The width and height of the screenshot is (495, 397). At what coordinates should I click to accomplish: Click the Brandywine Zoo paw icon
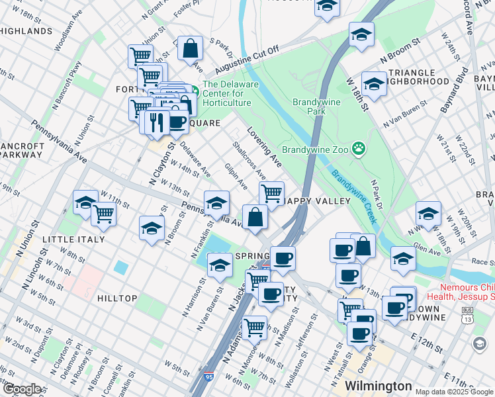coord(359,148)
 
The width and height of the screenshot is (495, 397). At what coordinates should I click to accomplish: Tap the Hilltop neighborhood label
coord(117,298)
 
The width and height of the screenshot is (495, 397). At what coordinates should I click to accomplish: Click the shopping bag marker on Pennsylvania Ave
coord(255,216)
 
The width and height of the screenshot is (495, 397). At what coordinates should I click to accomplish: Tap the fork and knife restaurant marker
coord(157,122)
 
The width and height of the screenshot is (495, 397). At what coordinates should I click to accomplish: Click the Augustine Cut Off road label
coord(246,59)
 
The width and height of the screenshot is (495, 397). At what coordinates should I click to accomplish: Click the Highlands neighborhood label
coord(26,31)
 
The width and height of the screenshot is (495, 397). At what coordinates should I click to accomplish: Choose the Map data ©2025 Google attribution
coord(453,392)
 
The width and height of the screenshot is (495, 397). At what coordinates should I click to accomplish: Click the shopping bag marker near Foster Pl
coord(191,48)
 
